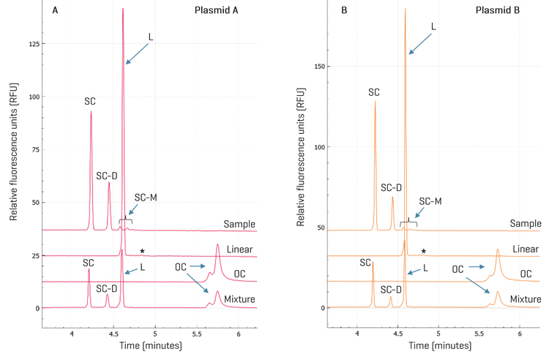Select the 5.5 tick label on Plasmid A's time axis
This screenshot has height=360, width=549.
(x=197, y=334)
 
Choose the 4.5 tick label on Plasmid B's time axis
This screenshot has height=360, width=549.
(x=398, y=334)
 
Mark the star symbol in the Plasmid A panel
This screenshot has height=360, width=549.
(x=143, y=252)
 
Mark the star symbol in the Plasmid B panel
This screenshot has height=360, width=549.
(x=423, y=251)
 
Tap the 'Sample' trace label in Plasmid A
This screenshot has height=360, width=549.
(x=239, y=223)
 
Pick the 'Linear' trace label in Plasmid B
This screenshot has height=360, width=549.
(x=524, y=249)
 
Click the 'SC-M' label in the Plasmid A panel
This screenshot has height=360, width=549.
(x=146, y=198)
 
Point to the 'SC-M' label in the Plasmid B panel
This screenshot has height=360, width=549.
(x=430, y=200)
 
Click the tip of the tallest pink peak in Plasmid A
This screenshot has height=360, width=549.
(x=123, y=10)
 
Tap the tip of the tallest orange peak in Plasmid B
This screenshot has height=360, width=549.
(x=405, y=10)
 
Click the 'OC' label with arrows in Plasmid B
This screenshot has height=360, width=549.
(x=458, y=269)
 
